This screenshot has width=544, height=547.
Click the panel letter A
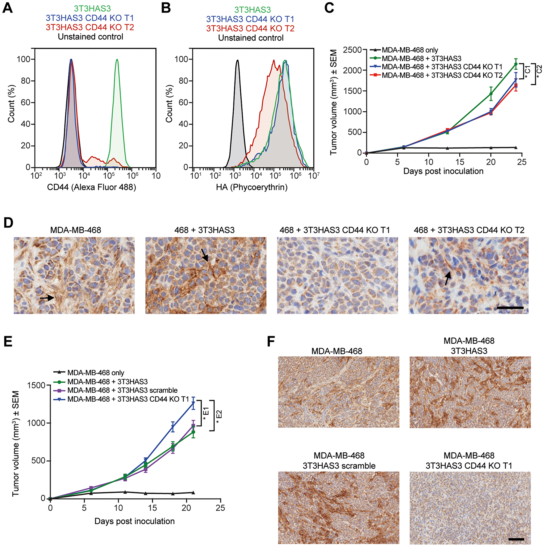pos(8,8)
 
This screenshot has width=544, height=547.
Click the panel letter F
pos(271,342)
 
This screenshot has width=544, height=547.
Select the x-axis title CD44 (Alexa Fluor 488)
pos(91,187)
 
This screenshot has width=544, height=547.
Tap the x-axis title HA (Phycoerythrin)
pos(252,187)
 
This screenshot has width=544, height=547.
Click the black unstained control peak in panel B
pos(237,61)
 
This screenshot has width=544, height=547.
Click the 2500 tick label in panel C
pos(352,50)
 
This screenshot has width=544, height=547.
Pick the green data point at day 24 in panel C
pos(516,64)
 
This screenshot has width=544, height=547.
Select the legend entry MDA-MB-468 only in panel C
pos(410,50)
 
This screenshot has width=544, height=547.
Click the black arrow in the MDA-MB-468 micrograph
pos(47,298)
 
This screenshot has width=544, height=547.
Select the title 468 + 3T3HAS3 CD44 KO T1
pos(335,230)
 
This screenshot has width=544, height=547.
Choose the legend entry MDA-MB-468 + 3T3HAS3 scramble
pos(122,390)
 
